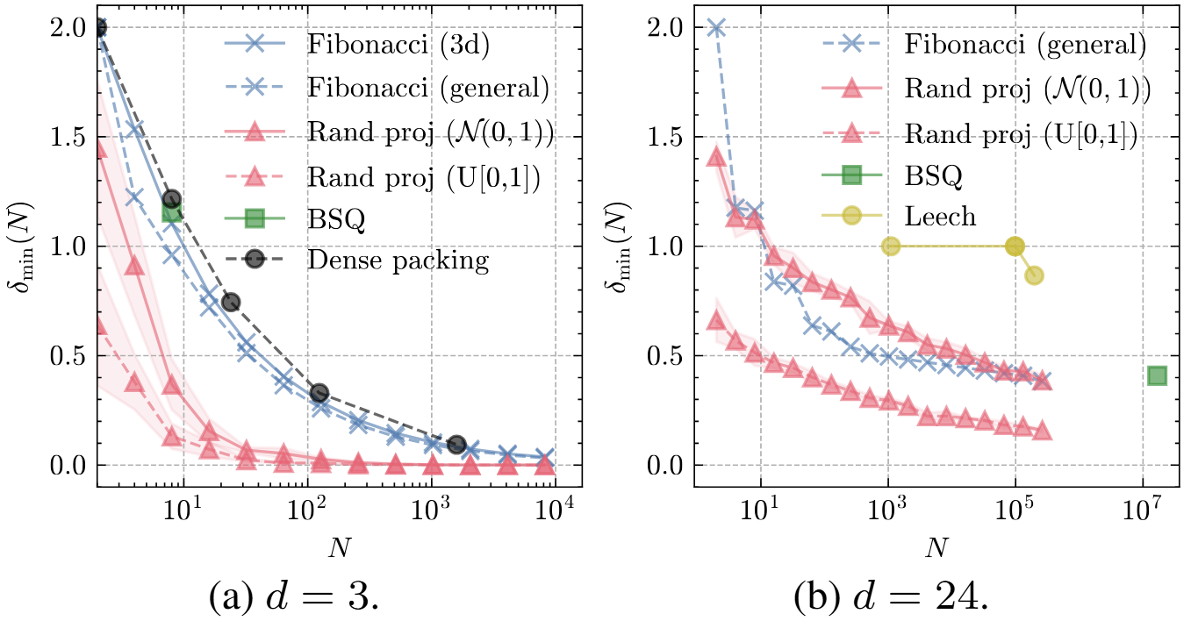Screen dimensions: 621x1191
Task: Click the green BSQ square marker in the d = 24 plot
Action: pos(1157,376)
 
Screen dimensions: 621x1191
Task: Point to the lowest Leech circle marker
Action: pos(1034,276)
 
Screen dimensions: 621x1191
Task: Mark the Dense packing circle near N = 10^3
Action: pos(456,445)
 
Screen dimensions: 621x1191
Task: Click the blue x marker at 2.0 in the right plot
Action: pos(715,27)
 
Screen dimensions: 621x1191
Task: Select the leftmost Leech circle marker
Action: pos(891,246)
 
